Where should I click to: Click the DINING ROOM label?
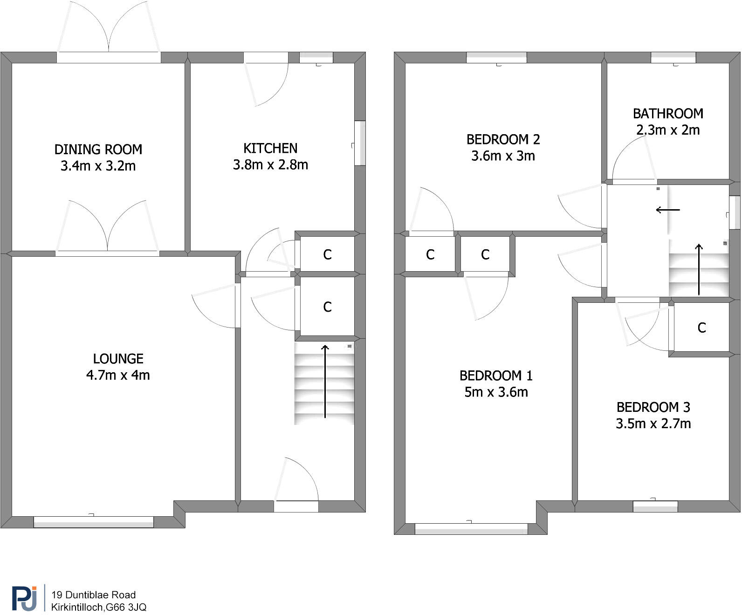pyautogui.click(x=98, y=150)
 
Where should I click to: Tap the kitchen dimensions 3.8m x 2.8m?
pyautogui.click(x=270, y=165)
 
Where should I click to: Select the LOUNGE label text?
pyautogui.click(x=118, y=359)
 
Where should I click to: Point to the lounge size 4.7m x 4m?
pyautogui.click(x=118, y=375)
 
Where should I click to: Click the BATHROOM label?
pyautogui.click(x=667, y=114)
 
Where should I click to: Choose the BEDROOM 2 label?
pyautogui.click(x=503, y=139)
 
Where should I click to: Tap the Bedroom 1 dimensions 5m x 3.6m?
pyautogui.click(x=496, y=392)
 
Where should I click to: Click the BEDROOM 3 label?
pyautogui.click(x=653, y=407)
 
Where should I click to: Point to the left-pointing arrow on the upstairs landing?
pyautogui.click(x=667, y=210)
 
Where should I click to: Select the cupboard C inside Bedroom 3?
pyautogui.click(x=701, y=328)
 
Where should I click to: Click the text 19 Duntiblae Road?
pyautogui.click(x=94, y=595)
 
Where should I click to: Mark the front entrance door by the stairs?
pyautogui.click(x=296, y=506)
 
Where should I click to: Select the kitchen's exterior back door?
pyautogui.click(x=266, y=58)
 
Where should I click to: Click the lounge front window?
pyautogui.click(x=93, y=522)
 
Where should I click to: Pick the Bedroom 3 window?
pyautogui.click(x=655, y=506)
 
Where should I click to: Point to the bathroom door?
pyautogui.click(x=634, y=182)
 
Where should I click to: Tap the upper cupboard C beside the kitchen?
pyautogui.click(x=327, y=254)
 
